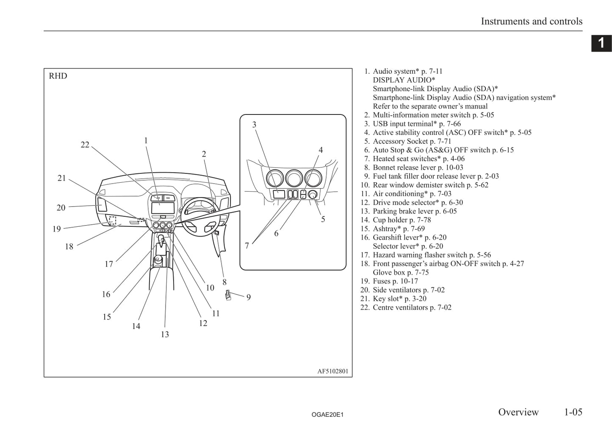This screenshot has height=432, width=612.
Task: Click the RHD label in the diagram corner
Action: [x=58, y=76]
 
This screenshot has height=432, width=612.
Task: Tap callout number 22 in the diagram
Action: [x=85, y=145]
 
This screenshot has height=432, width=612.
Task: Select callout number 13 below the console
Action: [x=165, y=334]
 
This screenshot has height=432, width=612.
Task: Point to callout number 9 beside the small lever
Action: [x=249, y=298]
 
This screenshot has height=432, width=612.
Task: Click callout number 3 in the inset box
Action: [x=254, y=125]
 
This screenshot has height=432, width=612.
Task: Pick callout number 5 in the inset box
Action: [x=323, y=219]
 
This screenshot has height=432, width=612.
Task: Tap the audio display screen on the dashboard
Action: [x=162, y=208]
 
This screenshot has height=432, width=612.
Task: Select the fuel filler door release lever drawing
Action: [x=228, y=295]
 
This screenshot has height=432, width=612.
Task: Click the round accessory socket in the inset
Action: [x=313, y=195]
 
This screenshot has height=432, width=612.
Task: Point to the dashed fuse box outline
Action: [x=112, y=220]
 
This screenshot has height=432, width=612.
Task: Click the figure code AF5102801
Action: [x=333, y=371]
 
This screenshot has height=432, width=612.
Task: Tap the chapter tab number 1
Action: [x=601, y=43]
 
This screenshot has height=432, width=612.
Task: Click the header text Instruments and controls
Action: [x=532, y=21]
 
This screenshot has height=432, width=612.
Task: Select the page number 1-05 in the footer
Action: [x=573, y=412]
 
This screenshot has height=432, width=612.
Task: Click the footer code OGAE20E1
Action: [x=327, y=415]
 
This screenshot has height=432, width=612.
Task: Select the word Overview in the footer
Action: [x=518, y=412]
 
